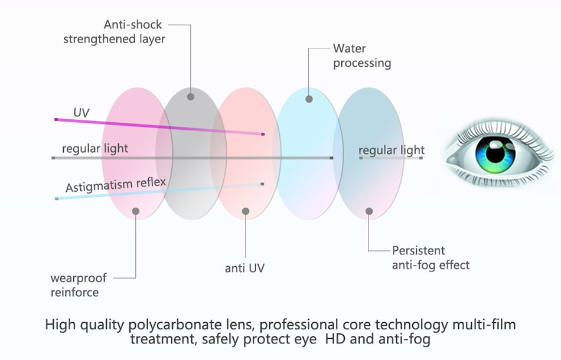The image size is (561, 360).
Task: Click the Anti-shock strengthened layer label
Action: click(114, 32)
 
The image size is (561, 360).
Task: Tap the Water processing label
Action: click(361, 55)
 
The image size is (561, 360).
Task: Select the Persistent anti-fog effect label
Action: click(430, 258)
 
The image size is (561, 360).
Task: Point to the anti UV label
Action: click(244, 268)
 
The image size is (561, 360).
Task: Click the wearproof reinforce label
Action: click(74, 284)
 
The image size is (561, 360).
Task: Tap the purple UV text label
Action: click(81, 112)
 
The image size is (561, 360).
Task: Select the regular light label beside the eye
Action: click(392, 150)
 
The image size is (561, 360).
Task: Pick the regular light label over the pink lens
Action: click(94, 148)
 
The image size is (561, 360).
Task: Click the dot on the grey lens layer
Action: click(190, 96)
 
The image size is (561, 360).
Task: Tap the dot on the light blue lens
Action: click(309, 99)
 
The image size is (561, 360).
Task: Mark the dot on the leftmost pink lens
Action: click(135, 211)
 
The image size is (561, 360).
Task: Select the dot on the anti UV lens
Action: click(246, 211)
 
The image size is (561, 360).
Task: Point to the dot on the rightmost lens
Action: click(369, 211)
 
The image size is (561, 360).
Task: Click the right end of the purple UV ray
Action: click(263, 135)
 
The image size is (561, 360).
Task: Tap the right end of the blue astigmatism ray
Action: click(262, 184)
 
